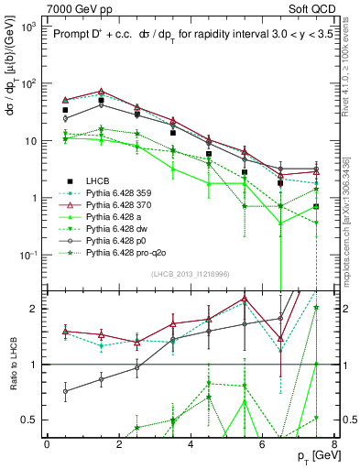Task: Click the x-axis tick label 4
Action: pyautogui.click(x=190, y=443)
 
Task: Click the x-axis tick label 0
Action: pyautogui.click(x=47, y=443)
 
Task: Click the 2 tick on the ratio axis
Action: pyautogui.click(x=34, y=309)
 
